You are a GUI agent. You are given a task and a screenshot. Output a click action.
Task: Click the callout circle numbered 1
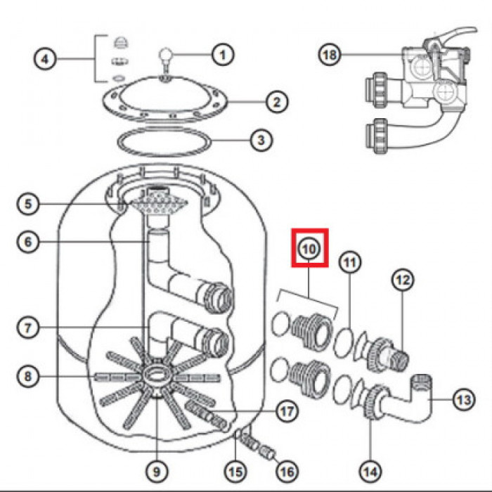click(x=223, y=55)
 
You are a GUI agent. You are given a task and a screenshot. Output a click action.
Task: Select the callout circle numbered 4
click(x=45, y=59)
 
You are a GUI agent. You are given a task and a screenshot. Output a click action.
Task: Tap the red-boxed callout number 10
click(x=310, y=249)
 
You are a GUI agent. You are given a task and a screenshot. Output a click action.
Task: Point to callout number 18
click(x=330, y=55)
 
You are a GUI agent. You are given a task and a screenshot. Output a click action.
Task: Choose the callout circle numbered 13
click(x=464, y=399)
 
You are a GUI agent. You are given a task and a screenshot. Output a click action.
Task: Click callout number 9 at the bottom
click(x=157, y=472)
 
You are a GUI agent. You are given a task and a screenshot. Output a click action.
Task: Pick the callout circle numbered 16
click(x=287, y=472)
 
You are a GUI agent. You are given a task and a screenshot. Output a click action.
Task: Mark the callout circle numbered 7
click(x=28, y=328)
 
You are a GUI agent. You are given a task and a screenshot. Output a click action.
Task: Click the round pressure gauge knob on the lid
click(x=166, y=53)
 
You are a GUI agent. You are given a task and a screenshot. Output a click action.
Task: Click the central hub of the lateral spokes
click(x=156, y=375)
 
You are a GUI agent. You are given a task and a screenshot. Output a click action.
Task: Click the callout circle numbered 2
click(x=277, y=102)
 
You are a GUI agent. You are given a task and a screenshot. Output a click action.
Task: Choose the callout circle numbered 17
click(x=287, y=411)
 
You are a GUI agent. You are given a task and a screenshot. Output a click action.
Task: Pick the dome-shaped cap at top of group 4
click(x=120, y=42)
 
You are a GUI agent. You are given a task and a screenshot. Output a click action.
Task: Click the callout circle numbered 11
click(x=350, y=262)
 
